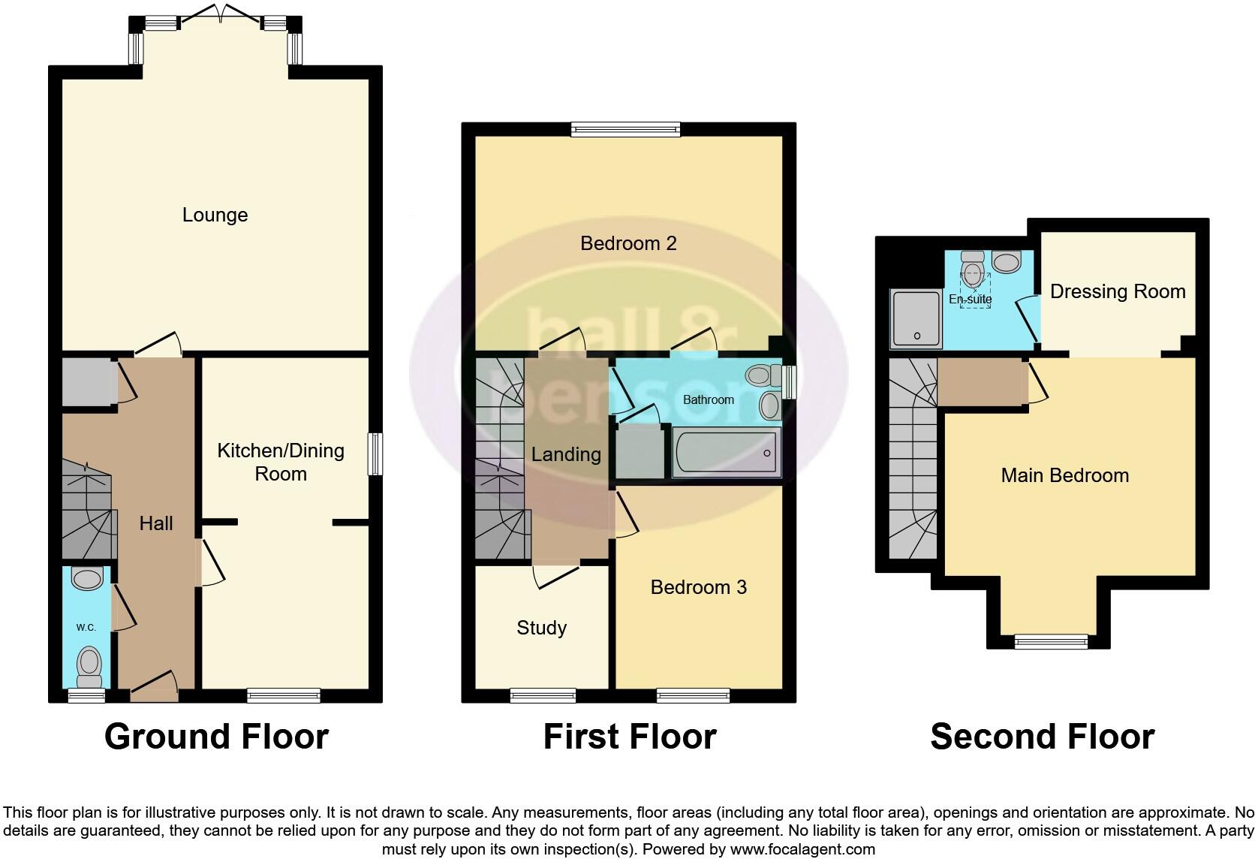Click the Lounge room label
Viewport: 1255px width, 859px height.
pyautogui.click(x=215, y=215)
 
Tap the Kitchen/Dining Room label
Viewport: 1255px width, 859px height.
pyautogui.click(x=281, y=462)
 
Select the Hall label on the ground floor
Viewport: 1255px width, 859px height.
pyautogui.click(x=156, y=523)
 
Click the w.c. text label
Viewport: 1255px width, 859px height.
pyautogui.click(x=86, y=628)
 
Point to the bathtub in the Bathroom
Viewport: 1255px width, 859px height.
pyautogui.click(x=726, y=453)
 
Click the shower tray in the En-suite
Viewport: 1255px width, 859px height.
pyautogui.click(x=915, y=319)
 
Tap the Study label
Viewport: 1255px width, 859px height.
pyautogui.click(x=541, y=628)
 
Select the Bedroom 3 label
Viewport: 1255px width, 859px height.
pyautogui.click(x=698, y=587)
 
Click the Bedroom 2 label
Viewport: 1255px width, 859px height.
pyautogui.click(x=628, y=243)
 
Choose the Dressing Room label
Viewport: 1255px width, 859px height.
pyautogui.click(x=1117, y=291)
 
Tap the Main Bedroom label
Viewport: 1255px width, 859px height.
pyautogui.click(x=1064, y=475)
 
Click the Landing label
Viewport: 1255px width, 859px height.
pyautogui.click(x=566, y=454)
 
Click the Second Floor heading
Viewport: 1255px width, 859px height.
pyautogui.click(x=1042, y=737)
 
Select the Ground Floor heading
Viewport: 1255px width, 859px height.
pyautogui.click(x=216, y=737)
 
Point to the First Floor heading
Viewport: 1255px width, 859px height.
pyautogui.click(x=629, y=737)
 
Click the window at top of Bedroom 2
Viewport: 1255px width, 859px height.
pyautogui.click(x=625, y=130)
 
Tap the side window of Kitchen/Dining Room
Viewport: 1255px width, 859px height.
pyautogui.click(x=375, y=454)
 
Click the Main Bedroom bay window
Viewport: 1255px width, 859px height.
pyautogui.click(x=1051, y=641)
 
